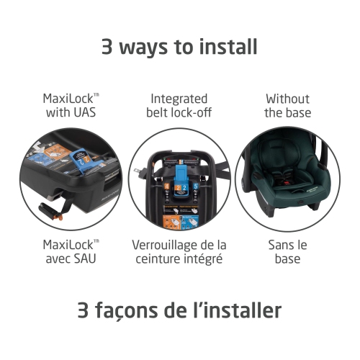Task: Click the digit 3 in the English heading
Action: click(107, 46)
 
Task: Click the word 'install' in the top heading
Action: click(228, 46)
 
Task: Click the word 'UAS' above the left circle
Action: click(84, 112)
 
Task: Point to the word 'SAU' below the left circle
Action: click(85, 258)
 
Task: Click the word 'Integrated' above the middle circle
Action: click(179, 99)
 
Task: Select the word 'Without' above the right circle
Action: click(287, 99)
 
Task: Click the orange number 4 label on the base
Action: click(166, 187)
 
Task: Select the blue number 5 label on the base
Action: click(195, 186)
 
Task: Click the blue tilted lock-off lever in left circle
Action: click(81, 161)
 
